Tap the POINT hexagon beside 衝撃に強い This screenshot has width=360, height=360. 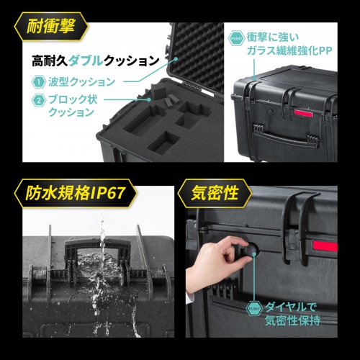coord(237,37)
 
